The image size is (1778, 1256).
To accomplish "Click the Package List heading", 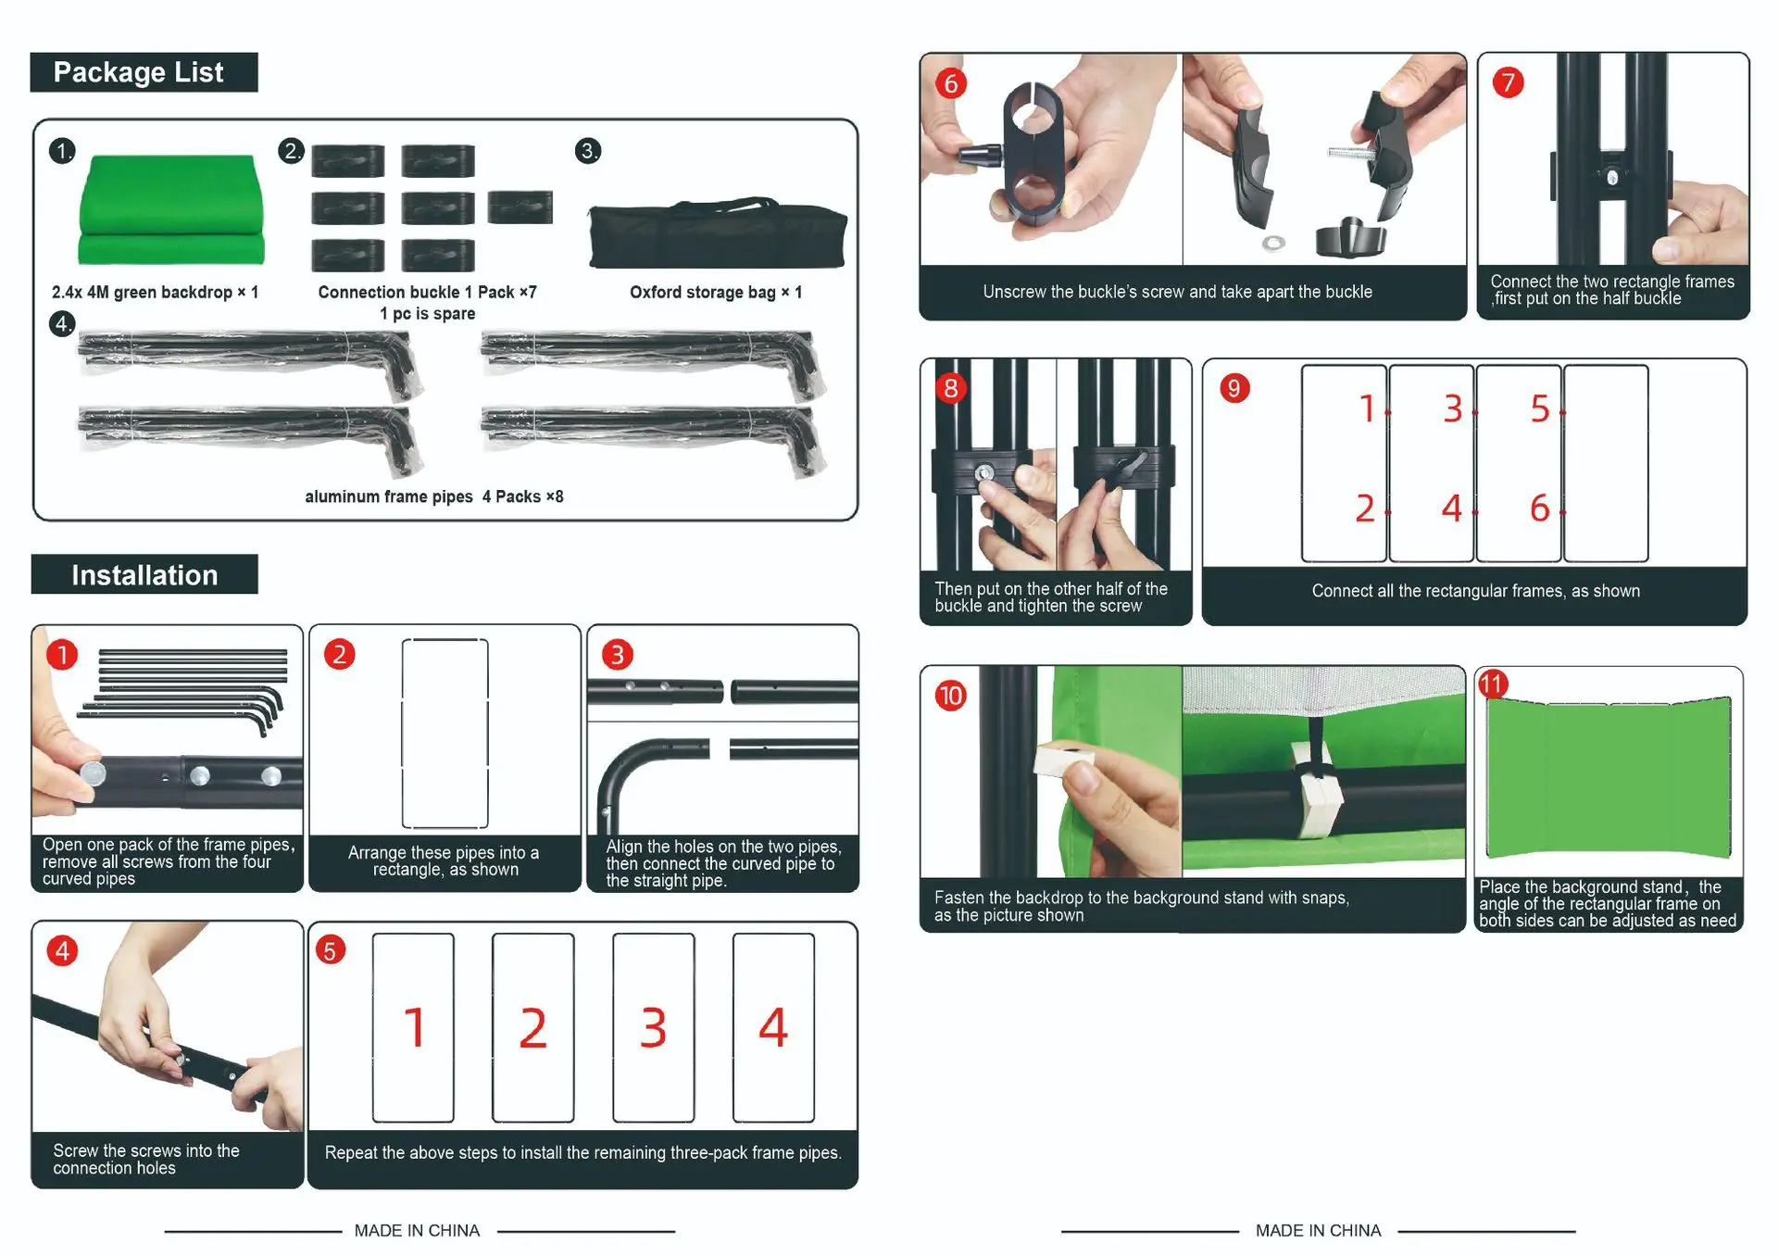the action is coord(139,72).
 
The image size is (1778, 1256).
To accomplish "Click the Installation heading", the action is coord(144,575).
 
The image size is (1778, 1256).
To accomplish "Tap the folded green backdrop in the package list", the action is coord(171,210).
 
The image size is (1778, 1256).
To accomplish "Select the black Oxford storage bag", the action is coord(718,235).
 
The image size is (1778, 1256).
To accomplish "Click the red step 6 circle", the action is coord(951,83).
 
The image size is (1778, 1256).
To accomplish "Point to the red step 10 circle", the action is coord(951,696).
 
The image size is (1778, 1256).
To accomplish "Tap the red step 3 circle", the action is coord(618,655).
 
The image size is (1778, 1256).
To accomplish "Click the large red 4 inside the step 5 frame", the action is coord(773,1027).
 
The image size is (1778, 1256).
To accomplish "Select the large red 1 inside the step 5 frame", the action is coord(414,1027).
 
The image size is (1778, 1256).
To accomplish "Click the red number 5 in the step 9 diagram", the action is coord(1539,408).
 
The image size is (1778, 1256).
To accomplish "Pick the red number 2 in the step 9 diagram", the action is coord(1365,509).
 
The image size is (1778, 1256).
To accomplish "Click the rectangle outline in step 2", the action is coord(444,733).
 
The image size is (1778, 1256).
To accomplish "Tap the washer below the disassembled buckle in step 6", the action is coord(1274,244).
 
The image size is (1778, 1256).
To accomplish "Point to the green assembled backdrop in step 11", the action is coord(1609,777).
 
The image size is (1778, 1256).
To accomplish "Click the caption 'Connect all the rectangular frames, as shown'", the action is coord(1475,591).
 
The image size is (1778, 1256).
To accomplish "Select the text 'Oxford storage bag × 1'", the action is coord(716,293).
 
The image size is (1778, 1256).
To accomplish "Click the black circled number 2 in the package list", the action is coord(291,151).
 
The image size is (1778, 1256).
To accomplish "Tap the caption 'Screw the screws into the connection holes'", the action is coord(146,1159).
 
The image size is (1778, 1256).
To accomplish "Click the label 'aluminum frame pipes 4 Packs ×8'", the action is coord(434,496).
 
